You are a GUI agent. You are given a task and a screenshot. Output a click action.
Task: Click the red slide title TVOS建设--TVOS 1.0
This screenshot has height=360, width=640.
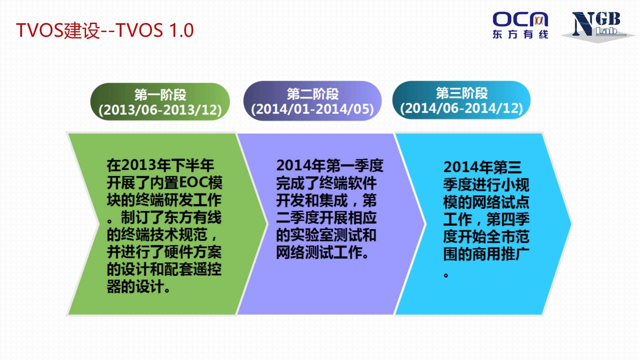(105, 30)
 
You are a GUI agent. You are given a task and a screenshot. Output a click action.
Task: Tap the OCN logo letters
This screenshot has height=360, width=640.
(520, 20)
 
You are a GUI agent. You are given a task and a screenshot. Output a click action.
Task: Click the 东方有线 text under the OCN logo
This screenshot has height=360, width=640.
(520, 34)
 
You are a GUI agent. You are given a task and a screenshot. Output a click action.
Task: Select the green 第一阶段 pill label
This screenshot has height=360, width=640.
(160, 102)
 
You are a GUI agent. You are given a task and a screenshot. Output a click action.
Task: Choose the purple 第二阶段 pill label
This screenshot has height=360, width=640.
(312, 101)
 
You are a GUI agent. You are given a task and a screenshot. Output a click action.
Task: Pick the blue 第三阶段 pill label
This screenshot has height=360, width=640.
(462, 100)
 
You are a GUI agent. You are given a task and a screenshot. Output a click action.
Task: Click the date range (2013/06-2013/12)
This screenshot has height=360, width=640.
(160, 110)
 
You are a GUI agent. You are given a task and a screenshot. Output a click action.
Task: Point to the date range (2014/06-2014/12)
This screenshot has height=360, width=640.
(462, 108)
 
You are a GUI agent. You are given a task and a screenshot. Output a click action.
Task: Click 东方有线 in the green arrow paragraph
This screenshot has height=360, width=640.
(192, 218)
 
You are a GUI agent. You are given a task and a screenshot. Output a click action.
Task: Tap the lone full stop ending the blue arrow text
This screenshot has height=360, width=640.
(446, 276)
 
